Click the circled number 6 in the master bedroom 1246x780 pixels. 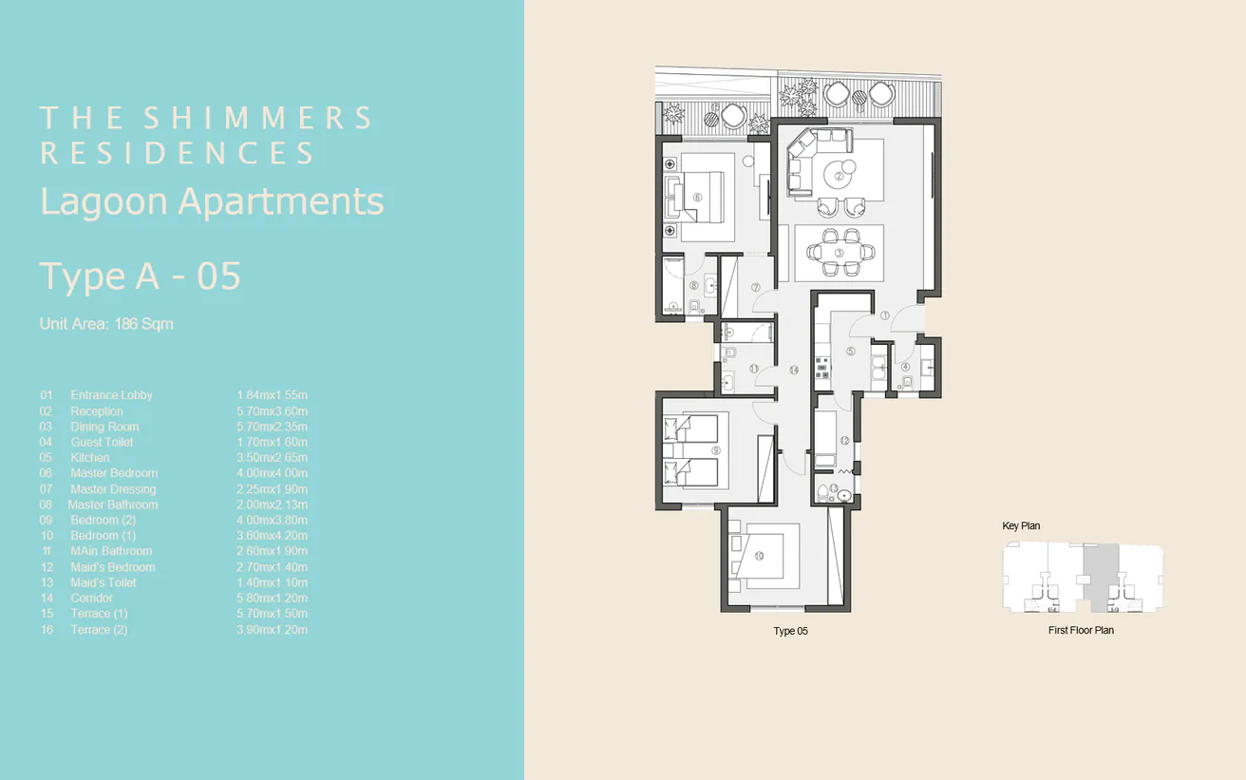(697, 198)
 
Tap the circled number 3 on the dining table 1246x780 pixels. (840, 253)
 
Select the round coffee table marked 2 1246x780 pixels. (840, 172)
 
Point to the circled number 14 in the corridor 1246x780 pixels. (793, 370)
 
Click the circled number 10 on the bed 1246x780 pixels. (758, 557)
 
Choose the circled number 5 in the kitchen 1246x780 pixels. (850, 351)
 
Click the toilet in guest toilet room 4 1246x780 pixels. (908, 382)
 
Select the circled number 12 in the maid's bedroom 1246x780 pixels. (844, 440)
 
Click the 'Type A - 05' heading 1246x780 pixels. (140, 276)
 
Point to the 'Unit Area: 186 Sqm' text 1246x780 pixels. (106, 324)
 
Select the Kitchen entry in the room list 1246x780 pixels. (90, 458)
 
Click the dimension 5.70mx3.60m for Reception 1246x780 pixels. (273, 411)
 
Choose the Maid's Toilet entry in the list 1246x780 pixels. (104, 582)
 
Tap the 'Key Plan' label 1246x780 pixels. (1021, 526)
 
